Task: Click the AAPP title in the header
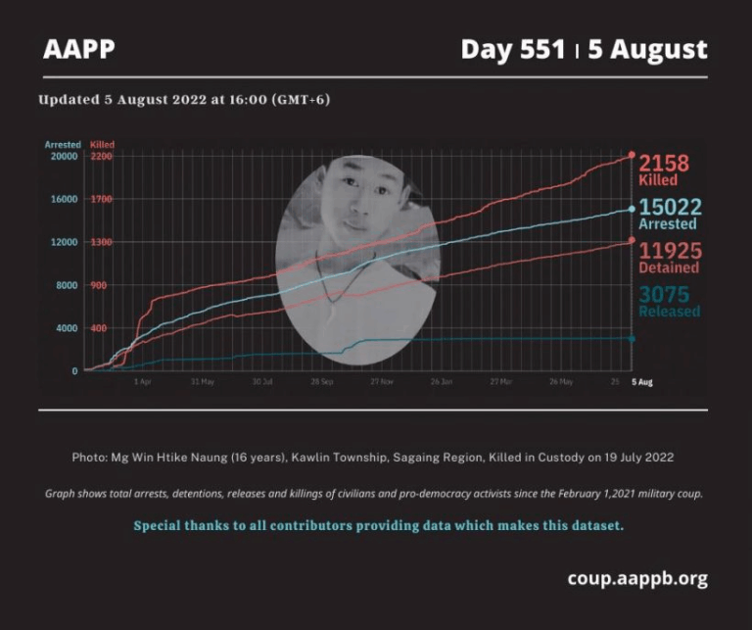point(79,49)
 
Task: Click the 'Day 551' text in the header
point(513,49)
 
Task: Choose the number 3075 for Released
point(664,294)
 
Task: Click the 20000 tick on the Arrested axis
point(65,157)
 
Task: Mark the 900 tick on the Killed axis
point(98,285)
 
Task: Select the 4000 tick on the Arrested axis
point(67,328)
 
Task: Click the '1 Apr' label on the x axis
point(142,382)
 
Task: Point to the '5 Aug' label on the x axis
point(641,382)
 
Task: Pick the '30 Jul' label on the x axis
point(261,382)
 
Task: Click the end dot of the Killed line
point(632,155)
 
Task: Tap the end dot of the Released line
point(632,339)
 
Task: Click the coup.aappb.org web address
point(636,578)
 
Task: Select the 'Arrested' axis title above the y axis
point(63,145)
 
